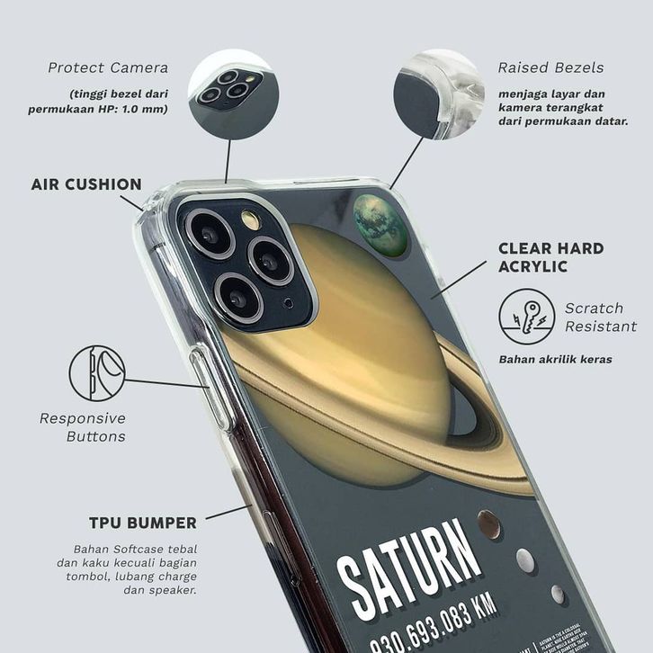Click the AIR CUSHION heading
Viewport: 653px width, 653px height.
86,184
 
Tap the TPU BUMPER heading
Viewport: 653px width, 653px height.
142,523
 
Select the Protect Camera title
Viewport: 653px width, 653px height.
108,67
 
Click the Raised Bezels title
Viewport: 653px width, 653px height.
550,67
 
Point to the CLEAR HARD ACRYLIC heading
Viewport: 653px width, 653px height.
550,257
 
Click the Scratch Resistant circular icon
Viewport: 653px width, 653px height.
527,317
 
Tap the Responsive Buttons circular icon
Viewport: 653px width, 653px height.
97,373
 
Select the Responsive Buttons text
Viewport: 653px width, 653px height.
83,427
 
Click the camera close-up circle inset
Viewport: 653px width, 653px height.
233,94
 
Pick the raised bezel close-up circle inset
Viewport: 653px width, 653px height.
439,94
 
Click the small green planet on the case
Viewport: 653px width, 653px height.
380,225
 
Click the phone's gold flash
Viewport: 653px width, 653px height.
251,220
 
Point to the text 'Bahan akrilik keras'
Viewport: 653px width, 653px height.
555,360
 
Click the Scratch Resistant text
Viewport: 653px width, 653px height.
600,317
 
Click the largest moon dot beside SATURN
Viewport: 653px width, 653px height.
489,524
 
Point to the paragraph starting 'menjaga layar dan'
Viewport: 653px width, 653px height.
562,107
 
